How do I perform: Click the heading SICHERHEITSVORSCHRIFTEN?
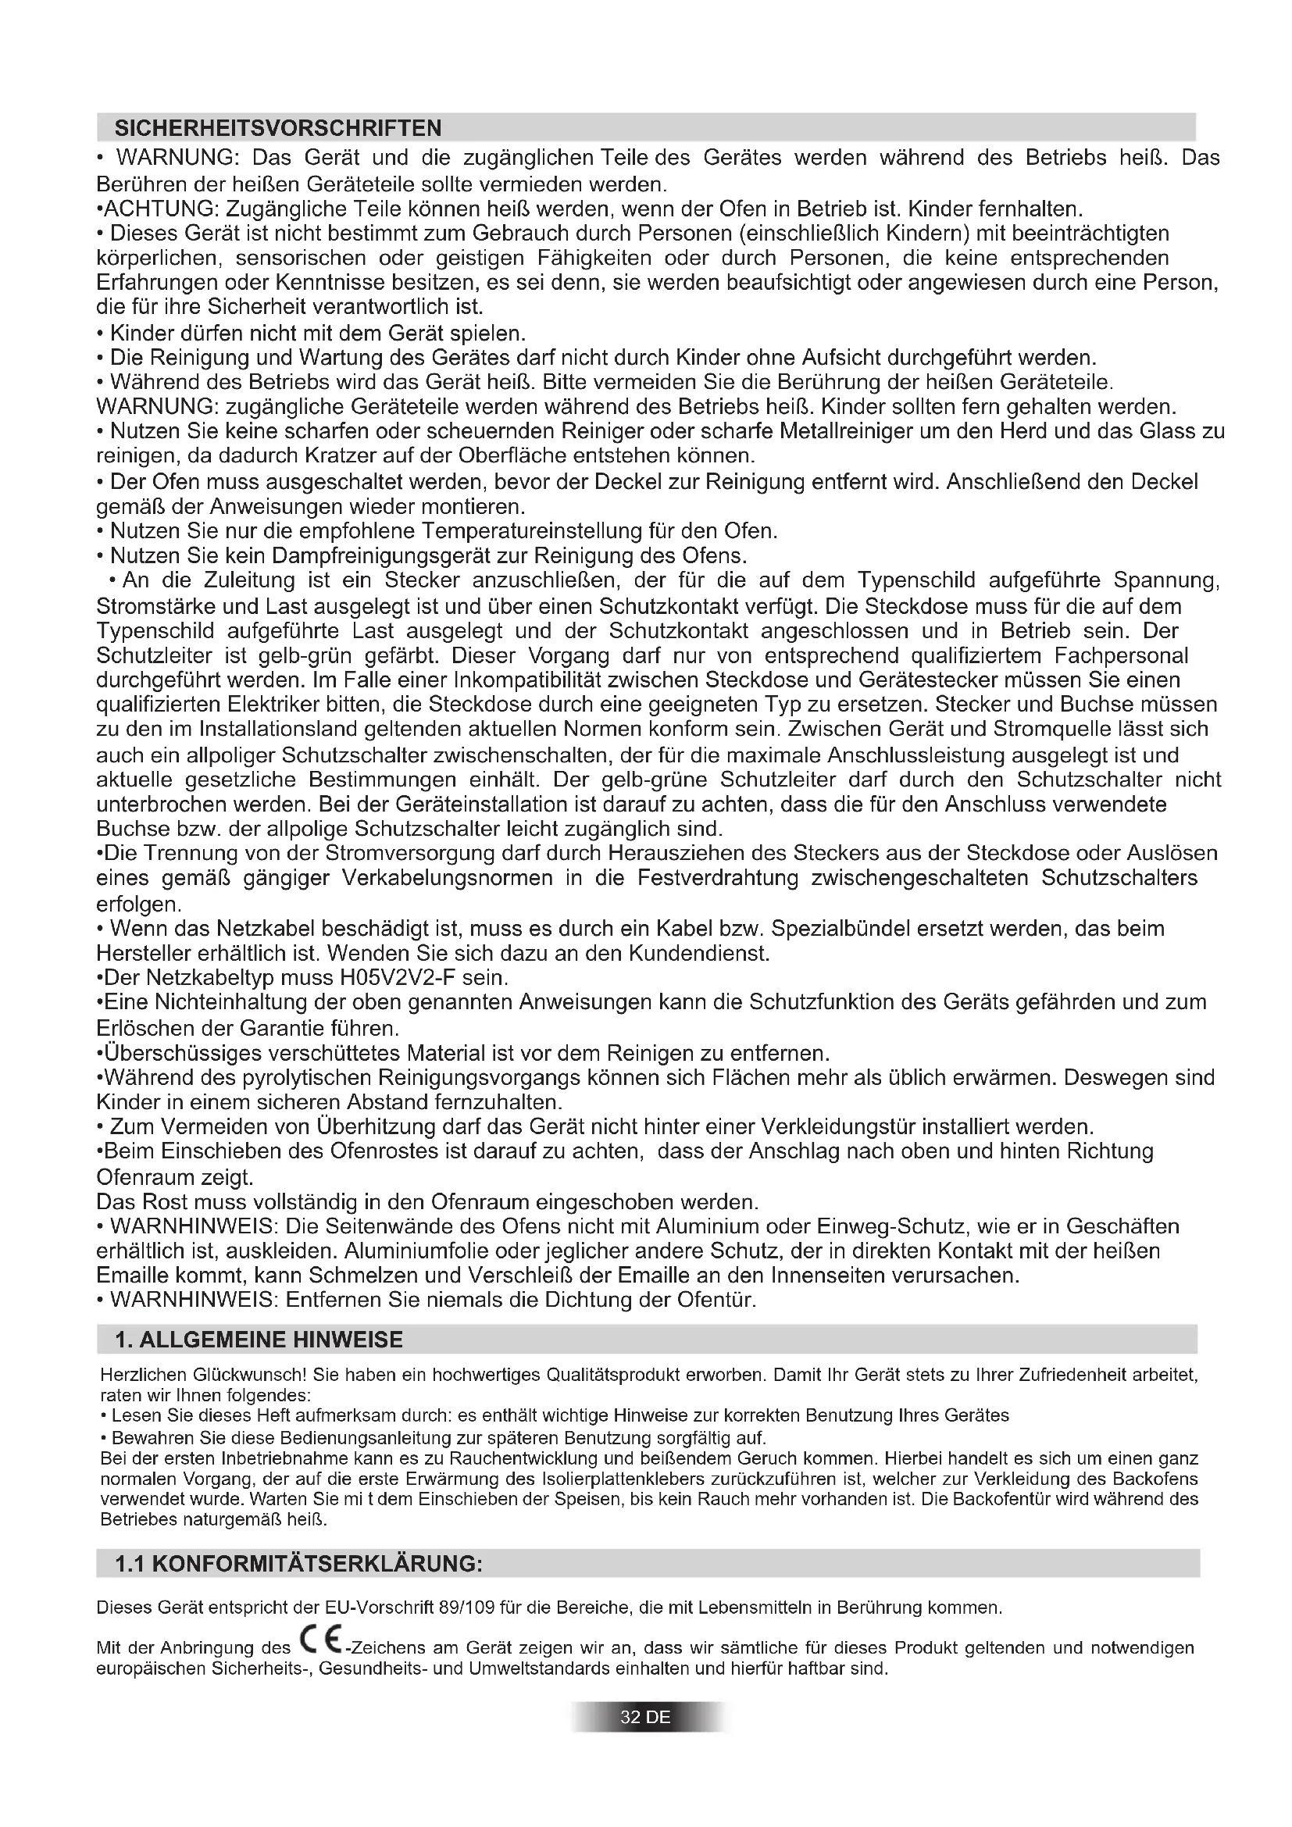click(x=278, y=128)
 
